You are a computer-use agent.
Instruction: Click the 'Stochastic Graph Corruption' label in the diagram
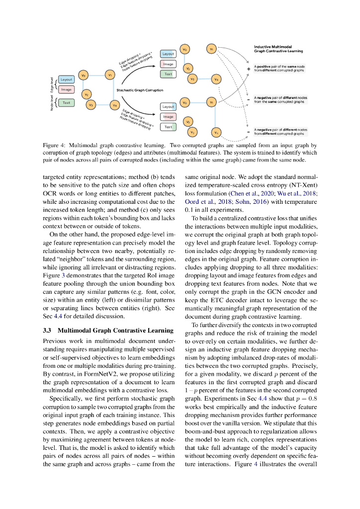click(x=139, y=90)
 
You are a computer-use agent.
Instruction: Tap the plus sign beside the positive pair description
click(x=248, y=68)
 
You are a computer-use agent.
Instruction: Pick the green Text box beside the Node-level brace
click(x=66, y=102)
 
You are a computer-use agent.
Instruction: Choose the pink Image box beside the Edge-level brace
click(x=66, y=89)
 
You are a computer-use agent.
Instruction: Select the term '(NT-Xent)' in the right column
click(x=303, y=185)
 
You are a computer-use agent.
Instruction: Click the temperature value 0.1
click(x=189, y=210)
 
